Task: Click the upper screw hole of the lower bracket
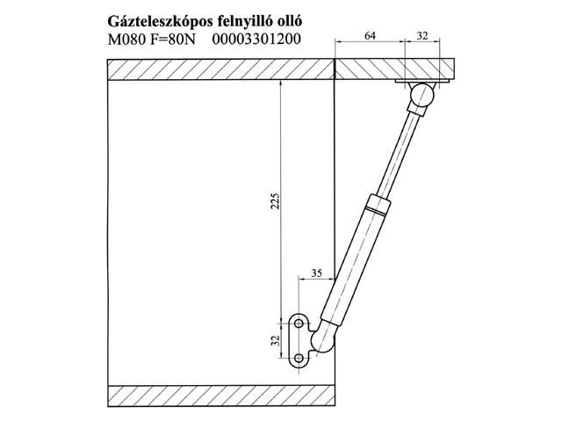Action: click(299, 324)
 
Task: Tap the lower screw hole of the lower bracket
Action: click(299, 356)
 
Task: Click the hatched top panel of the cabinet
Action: click(220, 69)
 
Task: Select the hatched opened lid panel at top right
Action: click(395, 69)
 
